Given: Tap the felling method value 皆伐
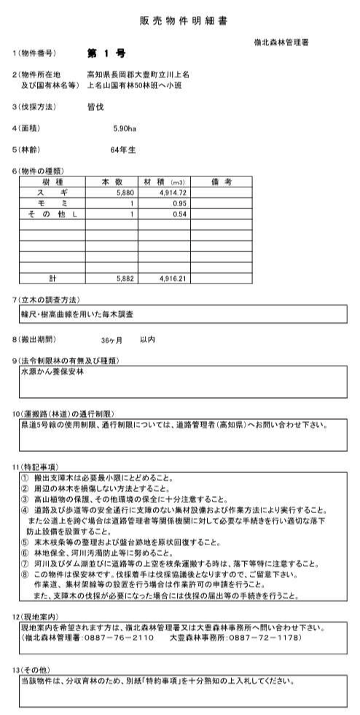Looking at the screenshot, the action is click(x=95, y=106).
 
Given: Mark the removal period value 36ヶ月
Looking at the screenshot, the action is click(x=112, y=340).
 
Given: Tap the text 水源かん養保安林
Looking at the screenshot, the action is click(x=53, y=371).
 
